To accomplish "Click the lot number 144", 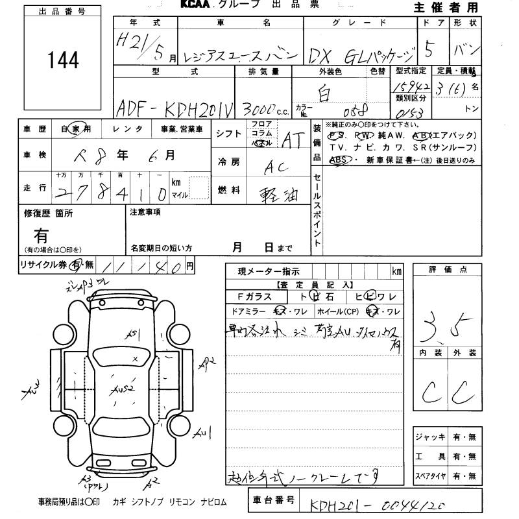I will tap(64, 60).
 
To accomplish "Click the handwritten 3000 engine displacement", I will tap(259, 107).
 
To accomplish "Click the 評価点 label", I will tap(448, 269).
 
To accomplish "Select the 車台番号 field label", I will tap(272, 500).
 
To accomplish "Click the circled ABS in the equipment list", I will tap(338, 159).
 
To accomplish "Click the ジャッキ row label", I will tap(430, 437).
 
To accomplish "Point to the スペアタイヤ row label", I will tap(430, 476).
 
